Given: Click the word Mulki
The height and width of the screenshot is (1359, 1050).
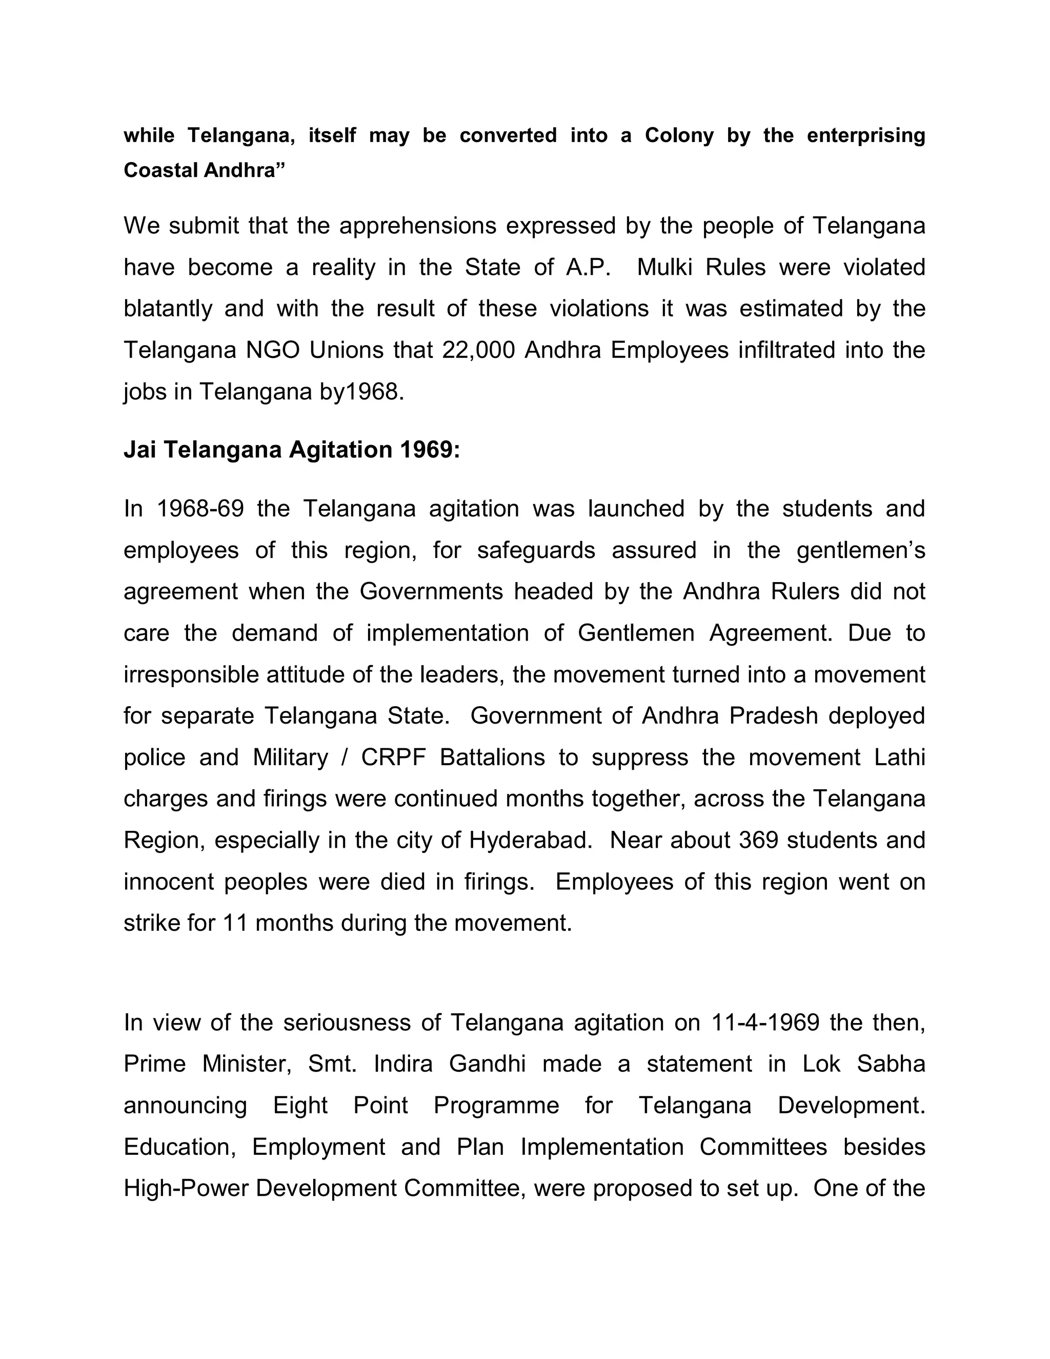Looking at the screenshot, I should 665,267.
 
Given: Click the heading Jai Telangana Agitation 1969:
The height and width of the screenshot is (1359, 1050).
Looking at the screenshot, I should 292,449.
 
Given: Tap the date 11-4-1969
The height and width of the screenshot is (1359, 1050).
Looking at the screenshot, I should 764,1023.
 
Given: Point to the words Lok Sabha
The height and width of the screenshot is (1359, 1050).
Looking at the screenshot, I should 863,1064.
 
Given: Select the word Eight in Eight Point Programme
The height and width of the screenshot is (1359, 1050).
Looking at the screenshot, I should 300,1105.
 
